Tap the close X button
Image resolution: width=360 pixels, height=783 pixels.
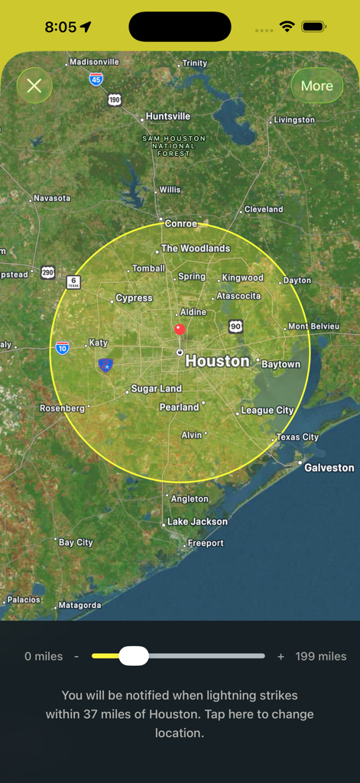click(x=34, y=86)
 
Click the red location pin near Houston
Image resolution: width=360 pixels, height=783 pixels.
click(x=180, y=330)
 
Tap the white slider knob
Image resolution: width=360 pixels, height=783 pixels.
click(x=134, y=656)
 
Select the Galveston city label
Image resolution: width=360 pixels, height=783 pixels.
click(x=329, y=467)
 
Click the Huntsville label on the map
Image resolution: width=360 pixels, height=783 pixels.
click(x=168, y=116)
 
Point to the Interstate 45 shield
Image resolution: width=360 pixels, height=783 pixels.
click(x=96, y=79)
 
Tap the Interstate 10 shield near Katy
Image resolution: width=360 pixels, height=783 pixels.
click(x=63, y=348)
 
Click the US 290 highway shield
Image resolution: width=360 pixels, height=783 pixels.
click(x=48, y=272)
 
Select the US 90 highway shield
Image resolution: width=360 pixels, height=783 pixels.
click(x=235, y=327)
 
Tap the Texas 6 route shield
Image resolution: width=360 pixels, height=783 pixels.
click(x=73, y=282)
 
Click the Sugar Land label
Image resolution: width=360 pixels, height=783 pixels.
click(x=156, y=388)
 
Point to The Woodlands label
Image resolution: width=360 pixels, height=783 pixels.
click(x=195, y=249)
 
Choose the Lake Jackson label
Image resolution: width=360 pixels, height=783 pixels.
click(x=197, y=521)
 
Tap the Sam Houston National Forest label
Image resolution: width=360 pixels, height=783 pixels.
click(x=174, y=145)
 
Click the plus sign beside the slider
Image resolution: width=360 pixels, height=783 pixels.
click(x=281, y=656)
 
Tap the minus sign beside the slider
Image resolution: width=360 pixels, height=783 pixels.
click(x=76, y=656)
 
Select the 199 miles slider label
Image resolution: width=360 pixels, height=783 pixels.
click(x=321, y=656)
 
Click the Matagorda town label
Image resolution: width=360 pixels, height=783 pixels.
click(x=79, y=606)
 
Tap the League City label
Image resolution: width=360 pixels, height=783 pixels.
click(x=267, y=411)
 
